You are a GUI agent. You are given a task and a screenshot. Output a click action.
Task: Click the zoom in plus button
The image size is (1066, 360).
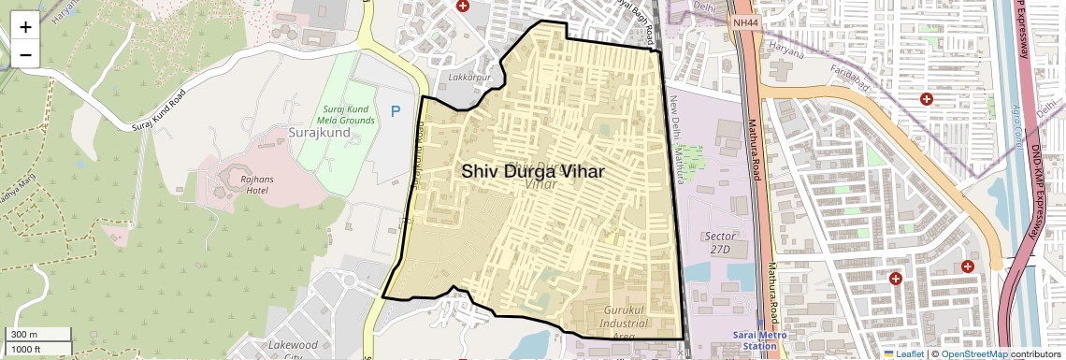click(25, 27)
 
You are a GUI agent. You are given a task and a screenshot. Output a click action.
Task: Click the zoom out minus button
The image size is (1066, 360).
click(25, 54)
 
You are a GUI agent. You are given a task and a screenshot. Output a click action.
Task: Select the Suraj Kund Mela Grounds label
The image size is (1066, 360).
click(342, 115)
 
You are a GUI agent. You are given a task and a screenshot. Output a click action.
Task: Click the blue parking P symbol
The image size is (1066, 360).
click(396, 111)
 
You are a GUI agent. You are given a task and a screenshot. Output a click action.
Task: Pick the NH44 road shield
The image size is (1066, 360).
click(745, 22)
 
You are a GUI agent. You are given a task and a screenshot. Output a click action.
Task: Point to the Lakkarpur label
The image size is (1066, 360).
click(469, 77)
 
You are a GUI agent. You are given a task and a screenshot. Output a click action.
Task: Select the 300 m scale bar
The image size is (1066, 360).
click(37, 335)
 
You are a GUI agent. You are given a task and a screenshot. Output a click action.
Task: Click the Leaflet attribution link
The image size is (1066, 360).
click(902, 354)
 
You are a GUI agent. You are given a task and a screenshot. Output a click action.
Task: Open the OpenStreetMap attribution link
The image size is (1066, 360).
click(973, 354)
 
